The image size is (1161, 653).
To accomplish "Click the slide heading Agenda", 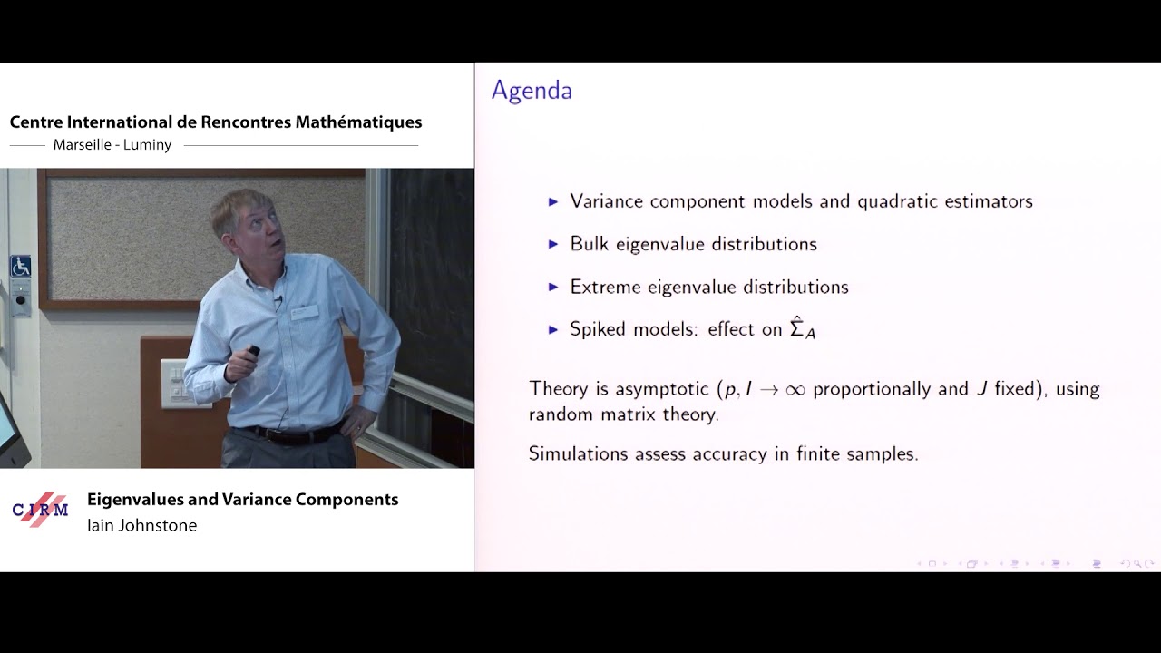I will point(532,92).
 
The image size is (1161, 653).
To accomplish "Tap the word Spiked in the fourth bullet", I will point(599,329).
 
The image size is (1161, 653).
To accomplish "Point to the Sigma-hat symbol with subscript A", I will point(803,328).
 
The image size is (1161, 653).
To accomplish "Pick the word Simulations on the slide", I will point(578,453).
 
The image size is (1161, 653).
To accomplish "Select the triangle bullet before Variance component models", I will point(553,201).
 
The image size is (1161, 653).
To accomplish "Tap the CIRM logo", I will point(41,509).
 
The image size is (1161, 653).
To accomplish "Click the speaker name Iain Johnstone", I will point(141,525).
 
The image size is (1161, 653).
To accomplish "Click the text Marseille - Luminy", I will point(112,145).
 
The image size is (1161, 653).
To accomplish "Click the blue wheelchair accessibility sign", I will point(20,267).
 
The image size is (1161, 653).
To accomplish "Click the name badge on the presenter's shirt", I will point(306,312).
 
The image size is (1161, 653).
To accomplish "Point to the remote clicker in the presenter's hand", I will point(253,351).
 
